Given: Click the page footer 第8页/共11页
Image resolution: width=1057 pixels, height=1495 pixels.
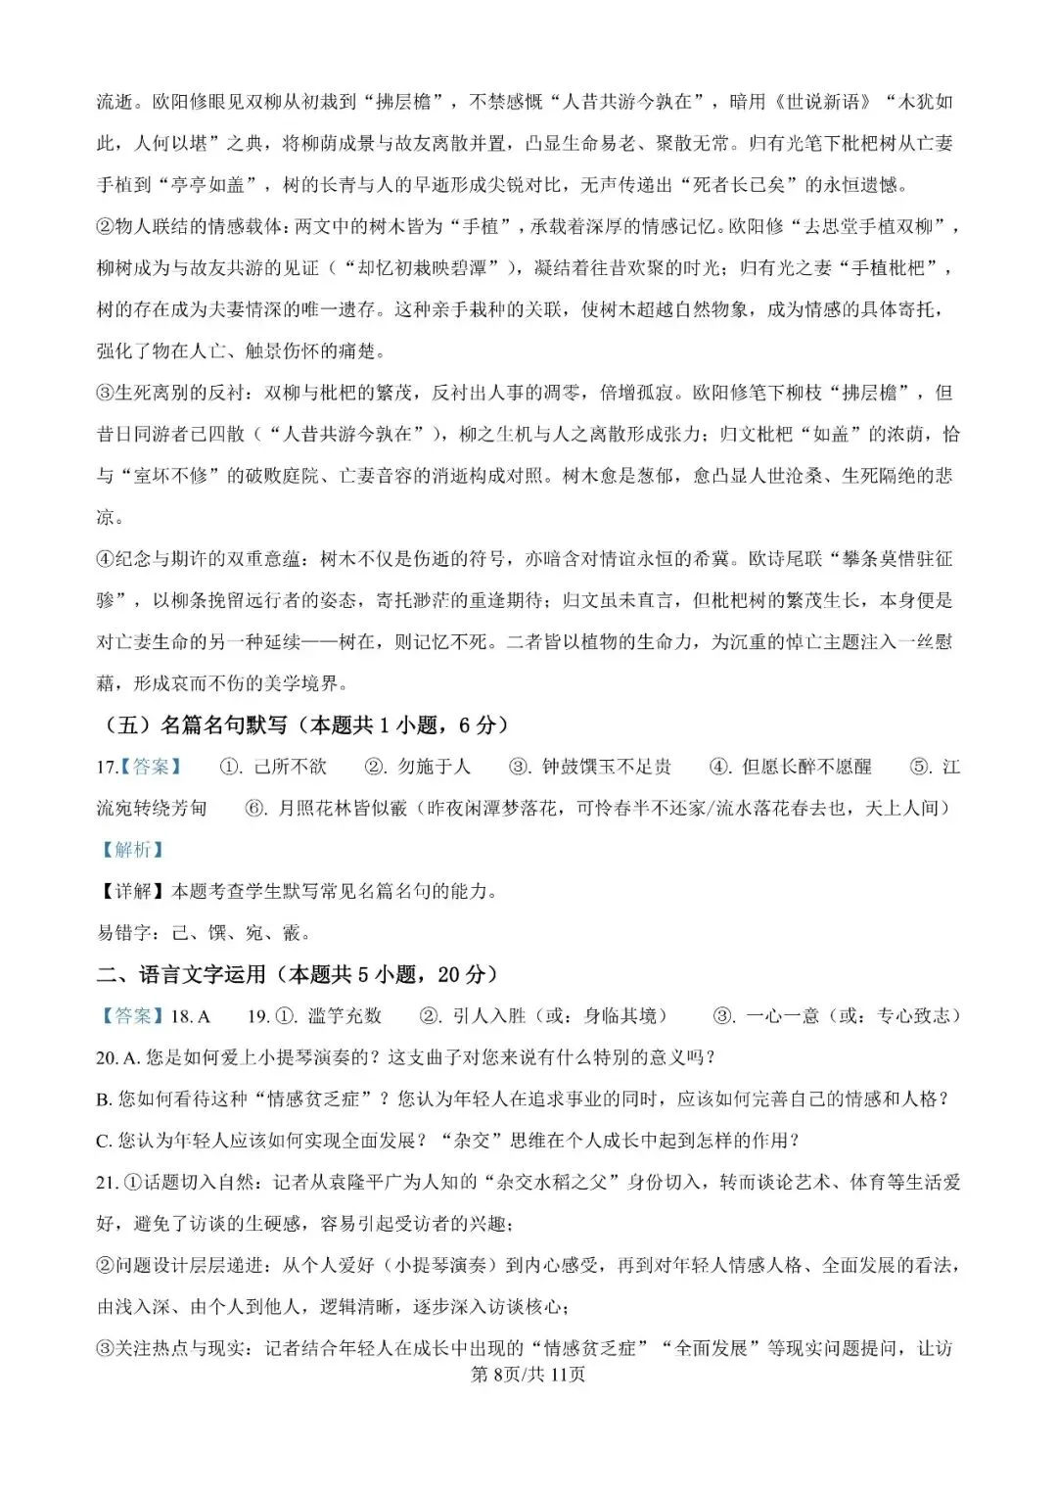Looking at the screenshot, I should pyautogui.click(x=528, y=1374).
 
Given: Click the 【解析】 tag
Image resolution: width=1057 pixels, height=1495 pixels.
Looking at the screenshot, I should pyautogui.click(x=132, y=850).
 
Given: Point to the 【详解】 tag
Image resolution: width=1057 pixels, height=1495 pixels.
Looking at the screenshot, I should pyautogui.click(x=132, y=891).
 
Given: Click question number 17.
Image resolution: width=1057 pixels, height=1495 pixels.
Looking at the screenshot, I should pyautogui.click(x=107, y=767).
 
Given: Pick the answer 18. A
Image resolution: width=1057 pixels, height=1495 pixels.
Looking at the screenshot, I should pyautogui.click(x=191, y=1016).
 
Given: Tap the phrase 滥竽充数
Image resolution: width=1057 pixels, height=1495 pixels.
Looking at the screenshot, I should pyautogui.click(x=345, y=1016).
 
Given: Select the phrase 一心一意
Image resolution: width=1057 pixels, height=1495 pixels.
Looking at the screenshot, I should pyautogui.click(x=783, y=1016).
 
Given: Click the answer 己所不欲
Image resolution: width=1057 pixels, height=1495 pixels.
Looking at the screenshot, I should pyautogui.click(x=291, y=767).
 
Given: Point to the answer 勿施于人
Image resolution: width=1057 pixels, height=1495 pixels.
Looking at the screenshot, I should pyautogui.click(x=434, y=767).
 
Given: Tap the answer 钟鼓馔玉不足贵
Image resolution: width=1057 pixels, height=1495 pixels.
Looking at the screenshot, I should pyautogui.click(x=607, y=767).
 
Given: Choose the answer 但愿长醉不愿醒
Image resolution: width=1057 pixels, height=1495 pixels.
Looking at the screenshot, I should pyautogui.click(x=806, y=767).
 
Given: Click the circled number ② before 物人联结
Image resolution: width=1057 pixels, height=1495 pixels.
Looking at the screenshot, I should pyautogui.click(x=106, y=226).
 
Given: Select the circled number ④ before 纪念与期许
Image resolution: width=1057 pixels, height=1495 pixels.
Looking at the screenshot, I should pyautogui.click(x=106, y=559).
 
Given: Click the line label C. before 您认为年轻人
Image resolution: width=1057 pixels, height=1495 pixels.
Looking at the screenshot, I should pyautogui.click(x=105, y=1141).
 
